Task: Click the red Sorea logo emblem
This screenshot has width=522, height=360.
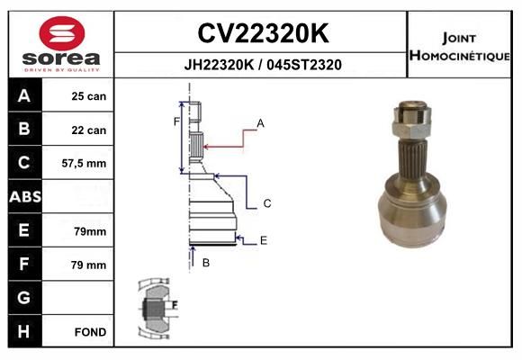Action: pos(62,33)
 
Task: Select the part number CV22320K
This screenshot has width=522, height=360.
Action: pos(264,33)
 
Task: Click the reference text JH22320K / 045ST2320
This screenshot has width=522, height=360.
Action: pos(263,65)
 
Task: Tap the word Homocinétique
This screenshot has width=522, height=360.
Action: pos(460,55)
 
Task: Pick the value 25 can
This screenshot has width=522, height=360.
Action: pos(89,96)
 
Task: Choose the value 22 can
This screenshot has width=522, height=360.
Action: pos(89,130)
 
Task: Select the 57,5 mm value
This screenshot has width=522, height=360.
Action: pos(84,164)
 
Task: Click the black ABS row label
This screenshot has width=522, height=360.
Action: pos(25,196)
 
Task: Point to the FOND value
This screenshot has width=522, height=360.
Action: pos(90,332)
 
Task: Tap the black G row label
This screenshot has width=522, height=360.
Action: pos(25,298)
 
